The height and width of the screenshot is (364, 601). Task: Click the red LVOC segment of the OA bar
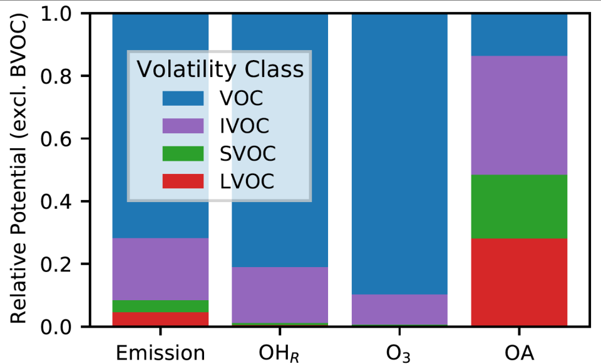pos(519,281)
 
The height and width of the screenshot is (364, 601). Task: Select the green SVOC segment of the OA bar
pos(519,206)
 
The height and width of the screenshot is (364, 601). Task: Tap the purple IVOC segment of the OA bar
pos(519,115)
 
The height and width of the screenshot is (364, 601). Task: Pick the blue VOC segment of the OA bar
pos(519,34)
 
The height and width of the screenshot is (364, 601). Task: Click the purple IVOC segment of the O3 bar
pos(399,310)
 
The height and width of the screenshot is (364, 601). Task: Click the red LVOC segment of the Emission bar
pos(160,319)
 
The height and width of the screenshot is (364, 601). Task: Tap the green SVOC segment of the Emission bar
pos(160,306)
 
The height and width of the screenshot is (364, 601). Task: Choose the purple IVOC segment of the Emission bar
pos(160,269)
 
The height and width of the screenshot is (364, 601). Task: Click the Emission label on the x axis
pos(160,353)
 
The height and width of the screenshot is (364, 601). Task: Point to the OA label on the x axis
pos(519,353)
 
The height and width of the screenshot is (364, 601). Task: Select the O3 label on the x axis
pos(399,353)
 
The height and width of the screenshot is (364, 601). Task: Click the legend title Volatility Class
pos(220,69)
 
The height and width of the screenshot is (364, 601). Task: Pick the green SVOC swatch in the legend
pos(183,153)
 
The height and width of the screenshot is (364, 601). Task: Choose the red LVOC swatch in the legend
pos(183,181)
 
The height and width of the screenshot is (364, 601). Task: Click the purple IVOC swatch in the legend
pos(183,126)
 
